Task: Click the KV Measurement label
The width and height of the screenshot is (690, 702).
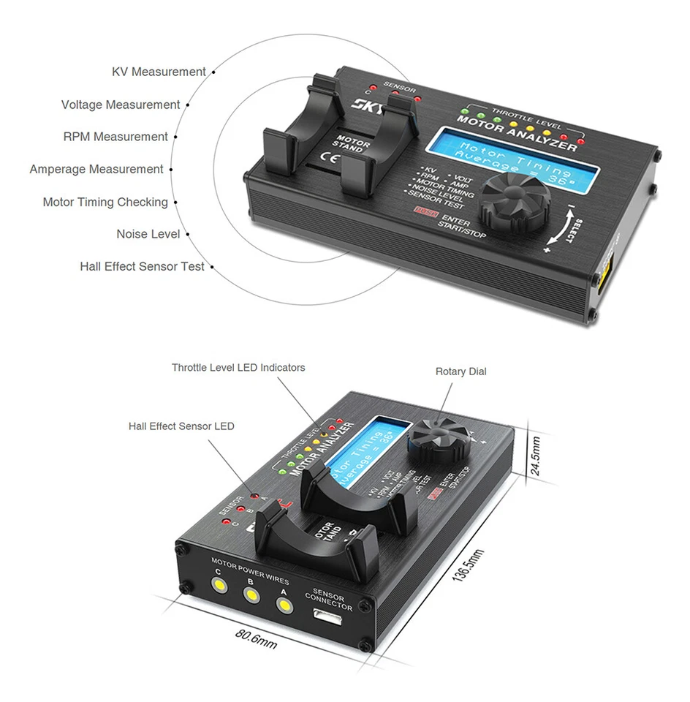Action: click(x=159, y=72)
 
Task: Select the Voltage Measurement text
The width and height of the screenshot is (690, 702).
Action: click(x=121, y=105)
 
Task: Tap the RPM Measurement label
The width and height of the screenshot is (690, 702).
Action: click(x=115, y=137)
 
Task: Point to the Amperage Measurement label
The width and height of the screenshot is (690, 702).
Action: click(x=96, y=169)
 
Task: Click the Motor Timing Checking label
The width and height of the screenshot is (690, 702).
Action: click(x=105, y=202)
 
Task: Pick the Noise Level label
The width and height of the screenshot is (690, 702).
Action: click(x=148, y=234)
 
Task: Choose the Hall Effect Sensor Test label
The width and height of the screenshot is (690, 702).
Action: click(x=143, y=266)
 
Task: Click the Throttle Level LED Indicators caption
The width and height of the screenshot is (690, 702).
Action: click(x=238, y=367)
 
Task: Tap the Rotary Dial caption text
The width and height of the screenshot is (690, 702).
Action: click(x=460, y=371)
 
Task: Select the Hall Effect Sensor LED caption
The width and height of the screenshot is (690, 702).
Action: click(x=181, y=426)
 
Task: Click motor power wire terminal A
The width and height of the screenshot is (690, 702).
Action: click(x=283, y=605)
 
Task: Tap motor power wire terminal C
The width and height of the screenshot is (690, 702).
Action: click(x=217, y=584)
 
